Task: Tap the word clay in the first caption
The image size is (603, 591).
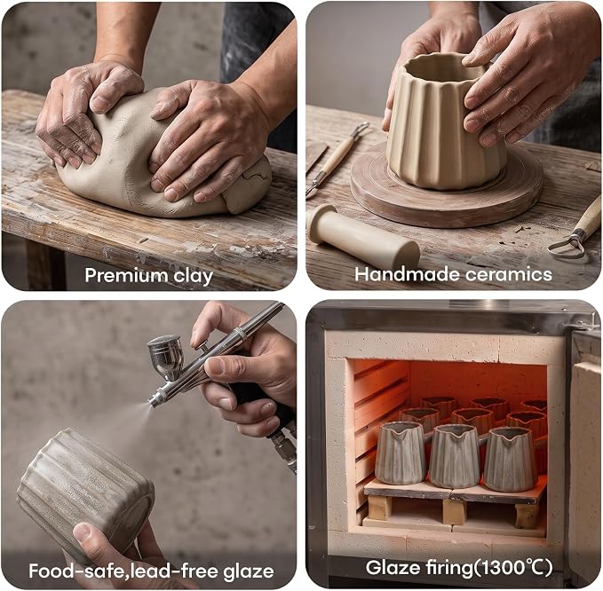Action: [x=193, y=276]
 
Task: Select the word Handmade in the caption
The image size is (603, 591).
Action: [x=406, y=274]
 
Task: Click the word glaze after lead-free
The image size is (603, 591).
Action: [x=249, y=571]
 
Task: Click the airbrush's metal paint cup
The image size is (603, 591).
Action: [x=165, y=356]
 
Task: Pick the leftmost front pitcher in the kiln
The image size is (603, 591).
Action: [x=400, y=453]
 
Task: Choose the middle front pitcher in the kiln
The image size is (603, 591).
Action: [x=454, y=456]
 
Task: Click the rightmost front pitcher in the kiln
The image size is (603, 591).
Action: [x=508, y=459]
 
